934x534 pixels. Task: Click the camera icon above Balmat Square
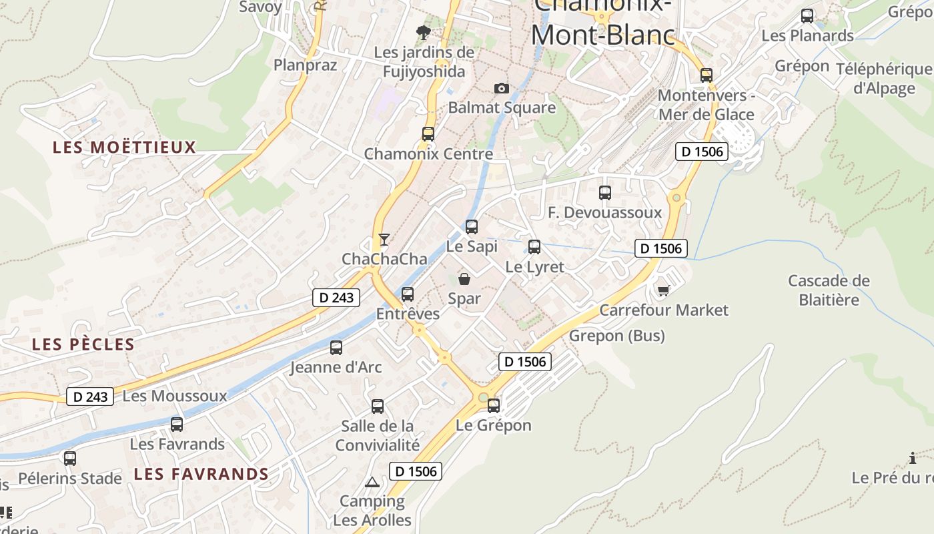tap(501, 88)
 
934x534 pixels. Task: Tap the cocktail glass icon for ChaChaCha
tap(384, 239)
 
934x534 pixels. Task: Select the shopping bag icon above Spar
tap(464, 279)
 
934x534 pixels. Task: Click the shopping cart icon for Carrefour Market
tap(663, 290)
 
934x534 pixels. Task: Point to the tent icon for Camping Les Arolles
tap(372, 482)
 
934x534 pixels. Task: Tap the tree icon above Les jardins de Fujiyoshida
tap(423, 32)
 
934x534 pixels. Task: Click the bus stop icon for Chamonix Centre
tap(428, 133)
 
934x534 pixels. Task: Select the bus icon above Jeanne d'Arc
tap(336, 347)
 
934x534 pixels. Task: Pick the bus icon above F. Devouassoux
tap(605, 193)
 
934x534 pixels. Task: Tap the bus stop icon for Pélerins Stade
tap(70, 459)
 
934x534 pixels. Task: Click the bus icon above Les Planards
tap(807, 16)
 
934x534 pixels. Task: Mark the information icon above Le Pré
tap(913, 458)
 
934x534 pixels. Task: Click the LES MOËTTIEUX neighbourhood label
tap(124, 147)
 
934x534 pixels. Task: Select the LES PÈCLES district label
tap(83, 344)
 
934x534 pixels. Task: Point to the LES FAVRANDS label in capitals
tap(201, 474)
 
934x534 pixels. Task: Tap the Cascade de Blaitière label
tap(829, 290)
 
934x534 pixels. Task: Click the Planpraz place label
tap(306, 65)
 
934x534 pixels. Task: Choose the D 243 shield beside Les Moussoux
tap(90, 396)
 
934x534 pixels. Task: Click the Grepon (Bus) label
tap(616, 335)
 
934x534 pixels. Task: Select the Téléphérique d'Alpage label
tap(884, 79)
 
